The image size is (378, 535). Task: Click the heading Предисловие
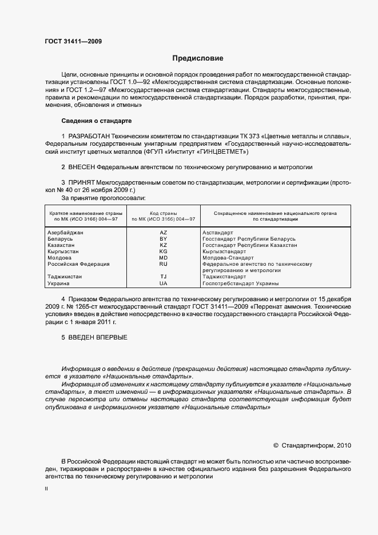[x=198, y=58]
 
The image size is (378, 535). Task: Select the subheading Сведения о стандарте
[x=96, y=121]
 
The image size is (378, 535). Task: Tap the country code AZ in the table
[x=163, y=233]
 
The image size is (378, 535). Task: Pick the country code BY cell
[x=163, y=239]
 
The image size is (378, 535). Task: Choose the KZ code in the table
[x=163, y=245]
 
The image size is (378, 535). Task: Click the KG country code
[x=163, y=251]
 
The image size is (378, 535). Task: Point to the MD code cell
[x=163, y=258]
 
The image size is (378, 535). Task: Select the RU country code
[x=163, y=264]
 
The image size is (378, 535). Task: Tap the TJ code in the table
[x=163, y=277]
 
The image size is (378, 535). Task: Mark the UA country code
[x=163, y=284]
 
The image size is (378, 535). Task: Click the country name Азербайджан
[x=65, y=233]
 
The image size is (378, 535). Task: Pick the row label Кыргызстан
[x=63, y=251]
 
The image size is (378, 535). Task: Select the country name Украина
[x=59, y=284]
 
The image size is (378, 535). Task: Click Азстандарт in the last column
[x=218, y=233]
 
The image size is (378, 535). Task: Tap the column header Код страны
[x=163, y=213]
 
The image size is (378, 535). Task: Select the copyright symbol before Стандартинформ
[x=276, y=445]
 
